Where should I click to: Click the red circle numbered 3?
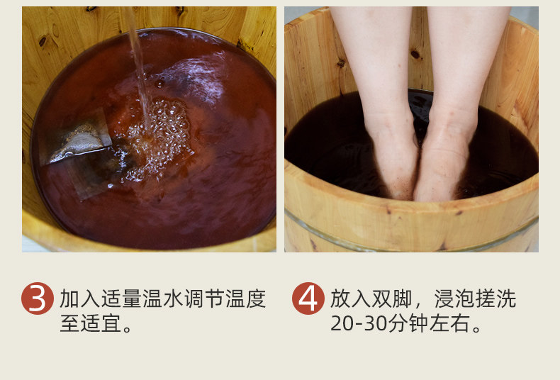coord(38,298)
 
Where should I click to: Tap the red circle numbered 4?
coord(308,298)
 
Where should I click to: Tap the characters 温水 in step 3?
coord(163,299)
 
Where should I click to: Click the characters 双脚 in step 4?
coord(392,299)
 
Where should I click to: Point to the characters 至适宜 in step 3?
coord(91,323)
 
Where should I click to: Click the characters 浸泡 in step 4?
coord(454,299)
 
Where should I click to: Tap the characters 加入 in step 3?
coord(80,299)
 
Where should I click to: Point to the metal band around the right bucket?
coord(410,235)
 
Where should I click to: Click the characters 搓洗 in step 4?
coord(495,299)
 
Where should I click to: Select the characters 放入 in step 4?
coord(350,299)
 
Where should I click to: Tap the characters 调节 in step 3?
coord(205,299)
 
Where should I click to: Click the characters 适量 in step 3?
coord(121,299)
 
